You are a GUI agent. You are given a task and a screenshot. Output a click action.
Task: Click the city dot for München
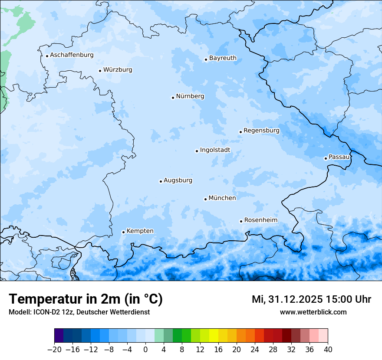point(205,199)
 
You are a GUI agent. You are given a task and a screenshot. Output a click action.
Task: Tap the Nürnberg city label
point(190,96)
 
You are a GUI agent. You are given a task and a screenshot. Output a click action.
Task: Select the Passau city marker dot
point(326,158)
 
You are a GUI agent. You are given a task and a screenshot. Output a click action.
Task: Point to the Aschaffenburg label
point(72,55)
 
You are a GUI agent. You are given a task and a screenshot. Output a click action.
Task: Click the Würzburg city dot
point(100,71)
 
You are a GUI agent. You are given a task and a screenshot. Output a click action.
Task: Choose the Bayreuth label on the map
point(223,58)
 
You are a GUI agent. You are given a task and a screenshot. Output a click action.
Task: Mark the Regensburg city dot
point(240,132)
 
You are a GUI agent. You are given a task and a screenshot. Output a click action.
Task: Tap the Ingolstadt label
point(215,150)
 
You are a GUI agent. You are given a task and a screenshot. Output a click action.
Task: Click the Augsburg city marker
point(161,181)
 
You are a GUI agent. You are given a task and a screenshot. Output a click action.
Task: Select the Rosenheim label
point(260,220)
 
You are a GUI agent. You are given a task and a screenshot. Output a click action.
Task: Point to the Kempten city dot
point(123,232)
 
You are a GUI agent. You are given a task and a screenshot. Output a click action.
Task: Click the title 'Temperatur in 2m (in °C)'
point(86,299)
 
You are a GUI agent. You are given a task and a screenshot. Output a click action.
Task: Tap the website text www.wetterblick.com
point(313,312)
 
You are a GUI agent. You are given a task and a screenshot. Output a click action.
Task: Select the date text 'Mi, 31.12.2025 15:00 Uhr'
point(311,299)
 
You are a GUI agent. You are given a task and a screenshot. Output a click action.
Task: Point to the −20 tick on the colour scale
point(55,350)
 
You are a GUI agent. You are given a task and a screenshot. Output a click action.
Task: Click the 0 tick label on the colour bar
point(145,350)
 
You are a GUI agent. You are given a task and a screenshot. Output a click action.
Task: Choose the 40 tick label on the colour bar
point(328,350)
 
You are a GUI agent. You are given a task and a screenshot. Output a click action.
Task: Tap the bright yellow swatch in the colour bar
point(214,336)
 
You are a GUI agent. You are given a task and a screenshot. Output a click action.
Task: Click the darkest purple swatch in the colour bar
point(59,336)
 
